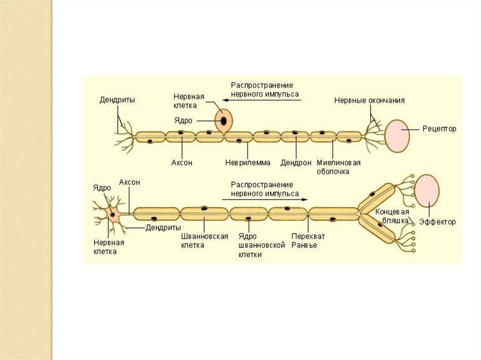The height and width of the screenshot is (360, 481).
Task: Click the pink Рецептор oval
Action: tap(397, 136)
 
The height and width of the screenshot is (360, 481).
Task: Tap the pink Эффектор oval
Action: tap(427, 191)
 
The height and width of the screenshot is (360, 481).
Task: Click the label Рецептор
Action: tap(439, 128)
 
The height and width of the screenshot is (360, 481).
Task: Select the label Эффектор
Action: tap(438, 222)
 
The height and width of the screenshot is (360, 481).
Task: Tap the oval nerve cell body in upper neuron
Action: tap(223, 121)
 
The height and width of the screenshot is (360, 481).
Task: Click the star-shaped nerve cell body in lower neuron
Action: tap(113, 214)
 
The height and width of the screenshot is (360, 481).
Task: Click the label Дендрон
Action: tap(296, 163)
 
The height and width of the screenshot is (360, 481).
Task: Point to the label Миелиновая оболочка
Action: tap(338, 167)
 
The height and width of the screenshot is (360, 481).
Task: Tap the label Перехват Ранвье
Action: tap(308, 240)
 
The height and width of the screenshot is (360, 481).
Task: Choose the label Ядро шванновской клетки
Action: tap(262, 245)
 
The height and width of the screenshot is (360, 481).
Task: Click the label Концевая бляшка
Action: tap(392, 215)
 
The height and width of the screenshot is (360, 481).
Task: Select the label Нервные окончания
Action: tap(369, 100)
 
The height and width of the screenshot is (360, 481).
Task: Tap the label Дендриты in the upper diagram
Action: tap(117, 100)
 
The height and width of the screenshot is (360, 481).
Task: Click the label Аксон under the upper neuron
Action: tap(182, 163)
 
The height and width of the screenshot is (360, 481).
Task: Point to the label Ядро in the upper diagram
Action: tap(183, 120)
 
